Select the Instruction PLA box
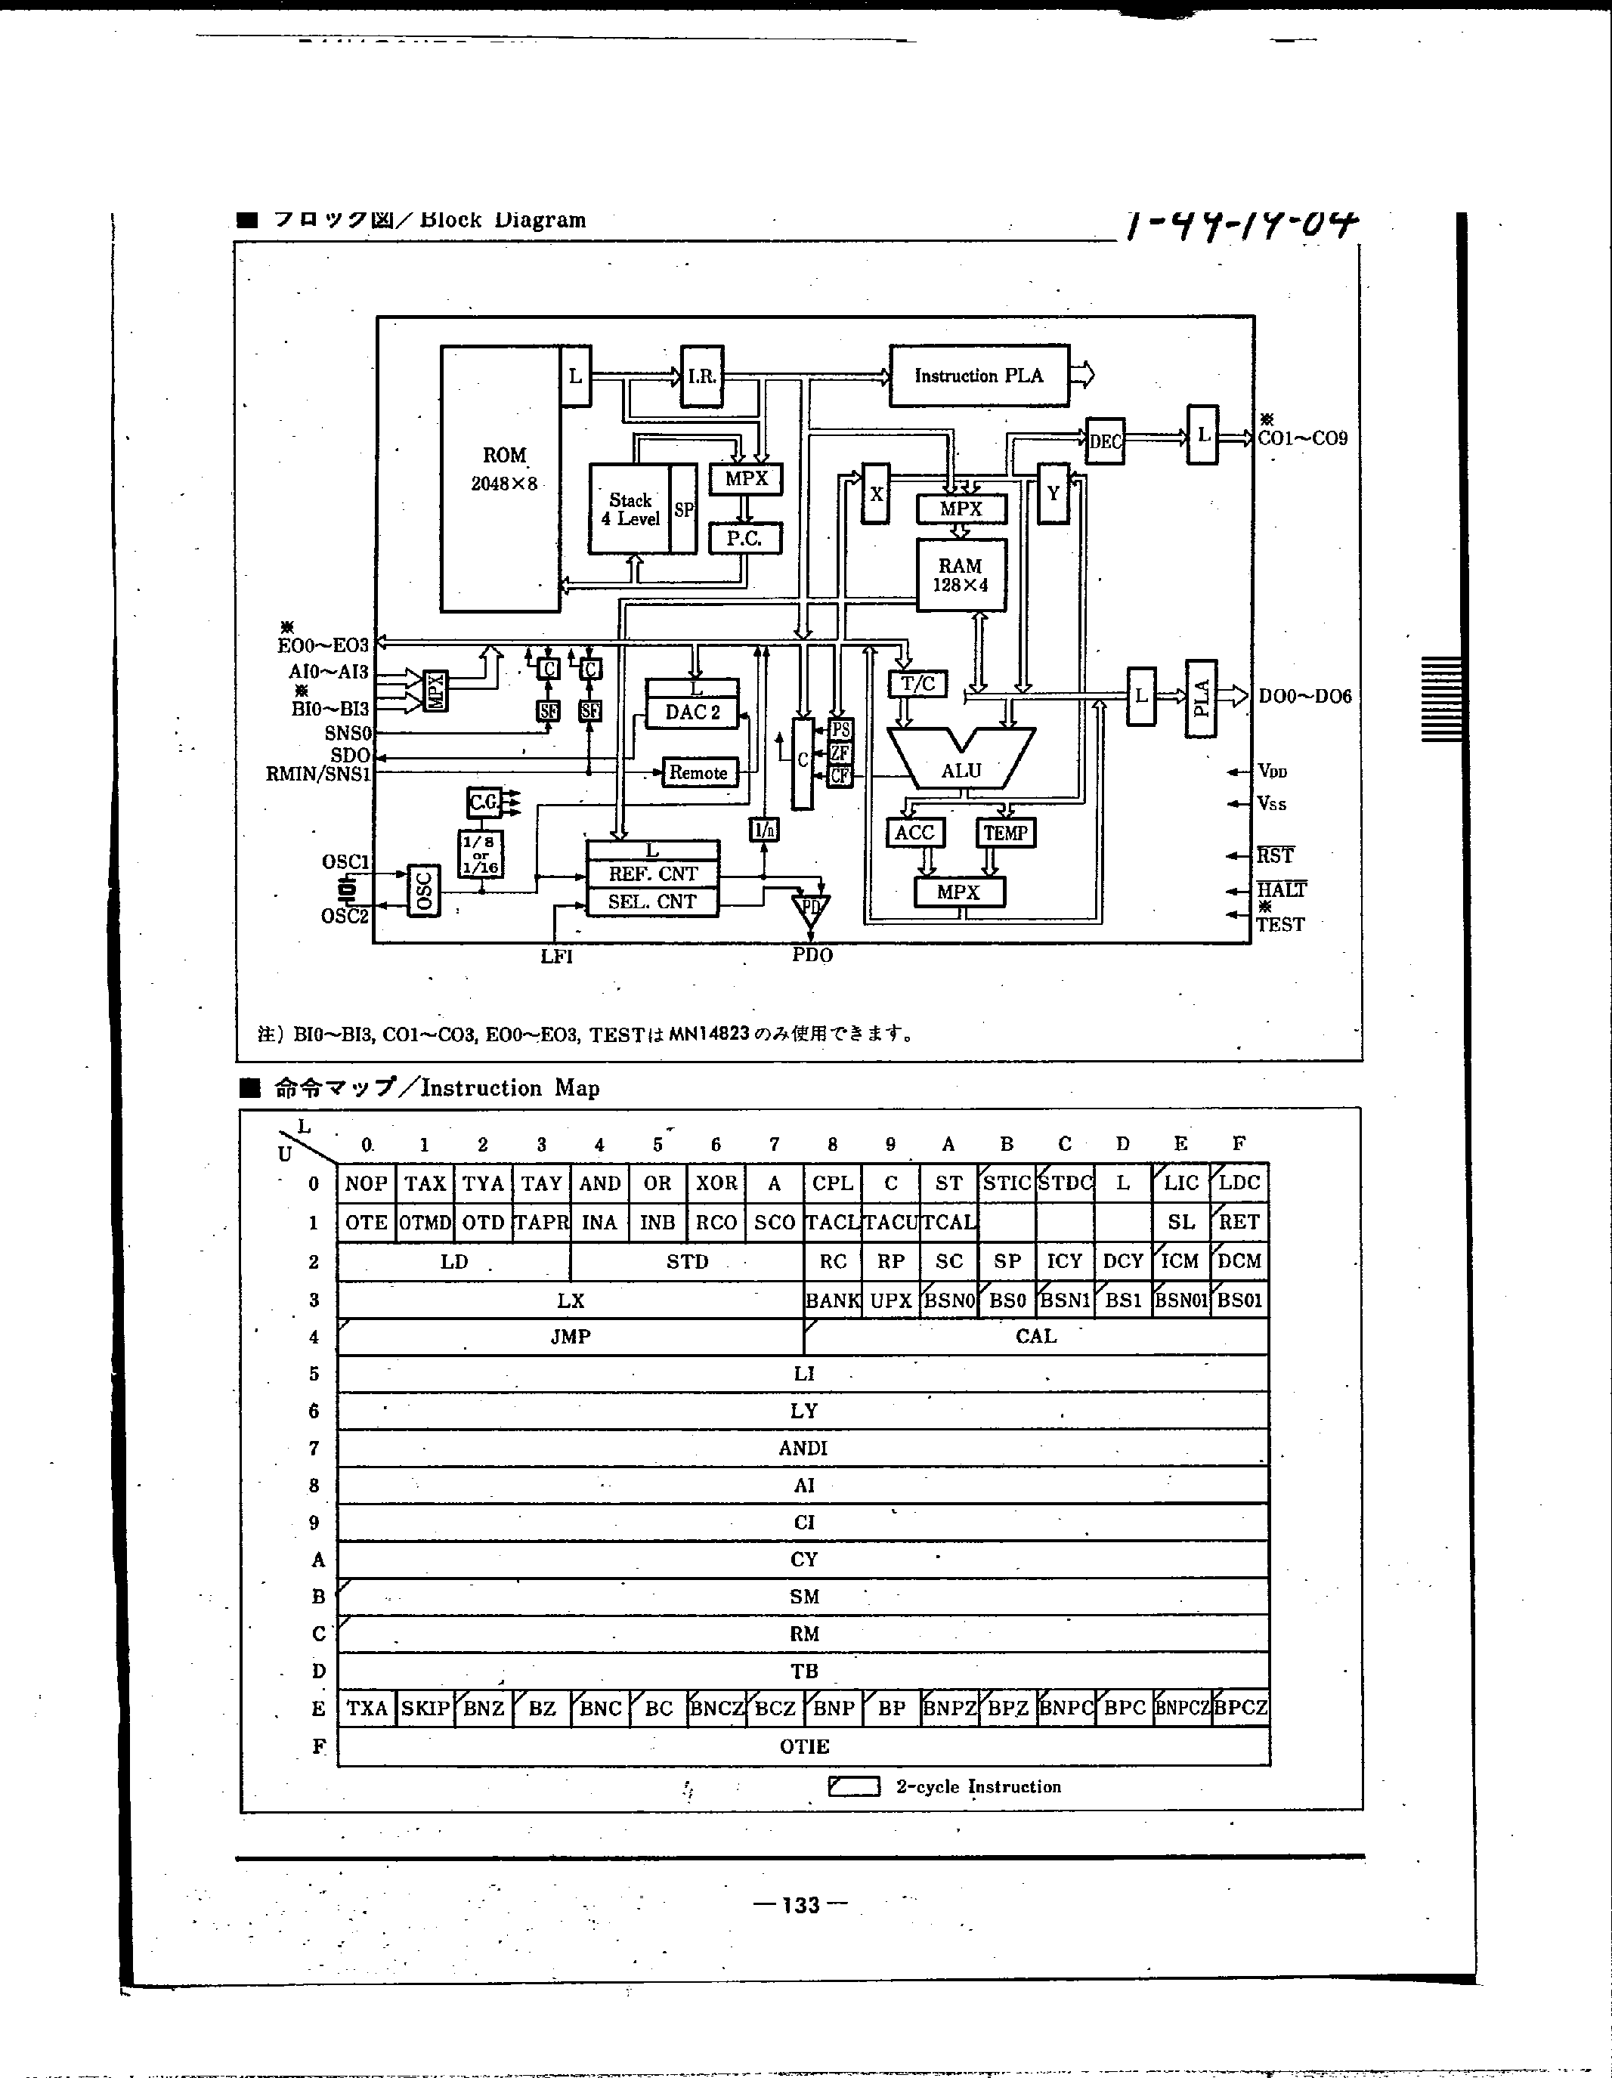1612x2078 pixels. point(978,376)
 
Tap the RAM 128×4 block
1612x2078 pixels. point(960,575)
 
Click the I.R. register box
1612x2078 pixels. point(701,376)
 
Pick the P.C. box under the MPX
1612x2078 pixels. point(745,539)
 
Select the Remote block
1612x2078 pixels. point(698,772)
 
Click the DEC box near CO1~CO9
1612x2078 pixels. point(1105,441)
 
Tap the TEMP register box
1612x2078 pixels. point(1005,833)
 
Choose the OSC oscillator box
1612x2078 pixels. point(423,891)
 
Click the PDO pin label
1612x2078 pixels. point(812,955)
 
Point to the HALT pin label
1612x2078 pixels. point(1281,889)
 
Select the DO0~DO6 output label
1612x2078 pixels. point(1304,697)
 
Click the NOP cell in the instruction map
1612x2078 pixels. point(367,1183)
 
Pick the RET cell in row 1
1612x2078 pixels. point(1239,1223)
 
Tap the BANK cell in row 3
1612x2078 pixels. point(833,1300)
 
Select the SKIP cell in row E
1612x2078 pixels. point(425,1708)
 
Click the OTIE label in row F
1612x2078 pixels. point(804,1746)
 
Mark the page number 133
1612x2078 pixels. point(800,1905)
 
